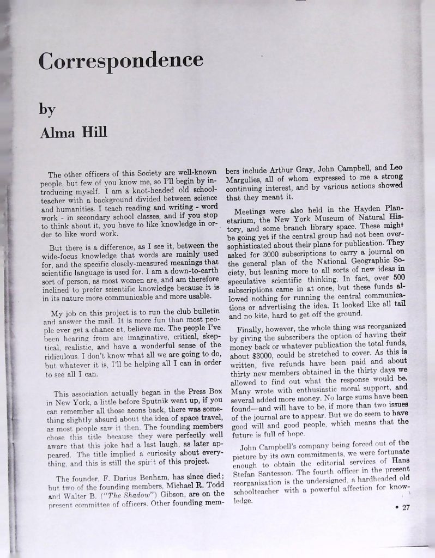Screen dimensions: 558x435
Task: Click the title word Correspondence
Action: coord(120,60)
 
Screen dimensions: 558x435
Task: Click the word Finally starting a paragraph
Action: coord(251,330)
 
